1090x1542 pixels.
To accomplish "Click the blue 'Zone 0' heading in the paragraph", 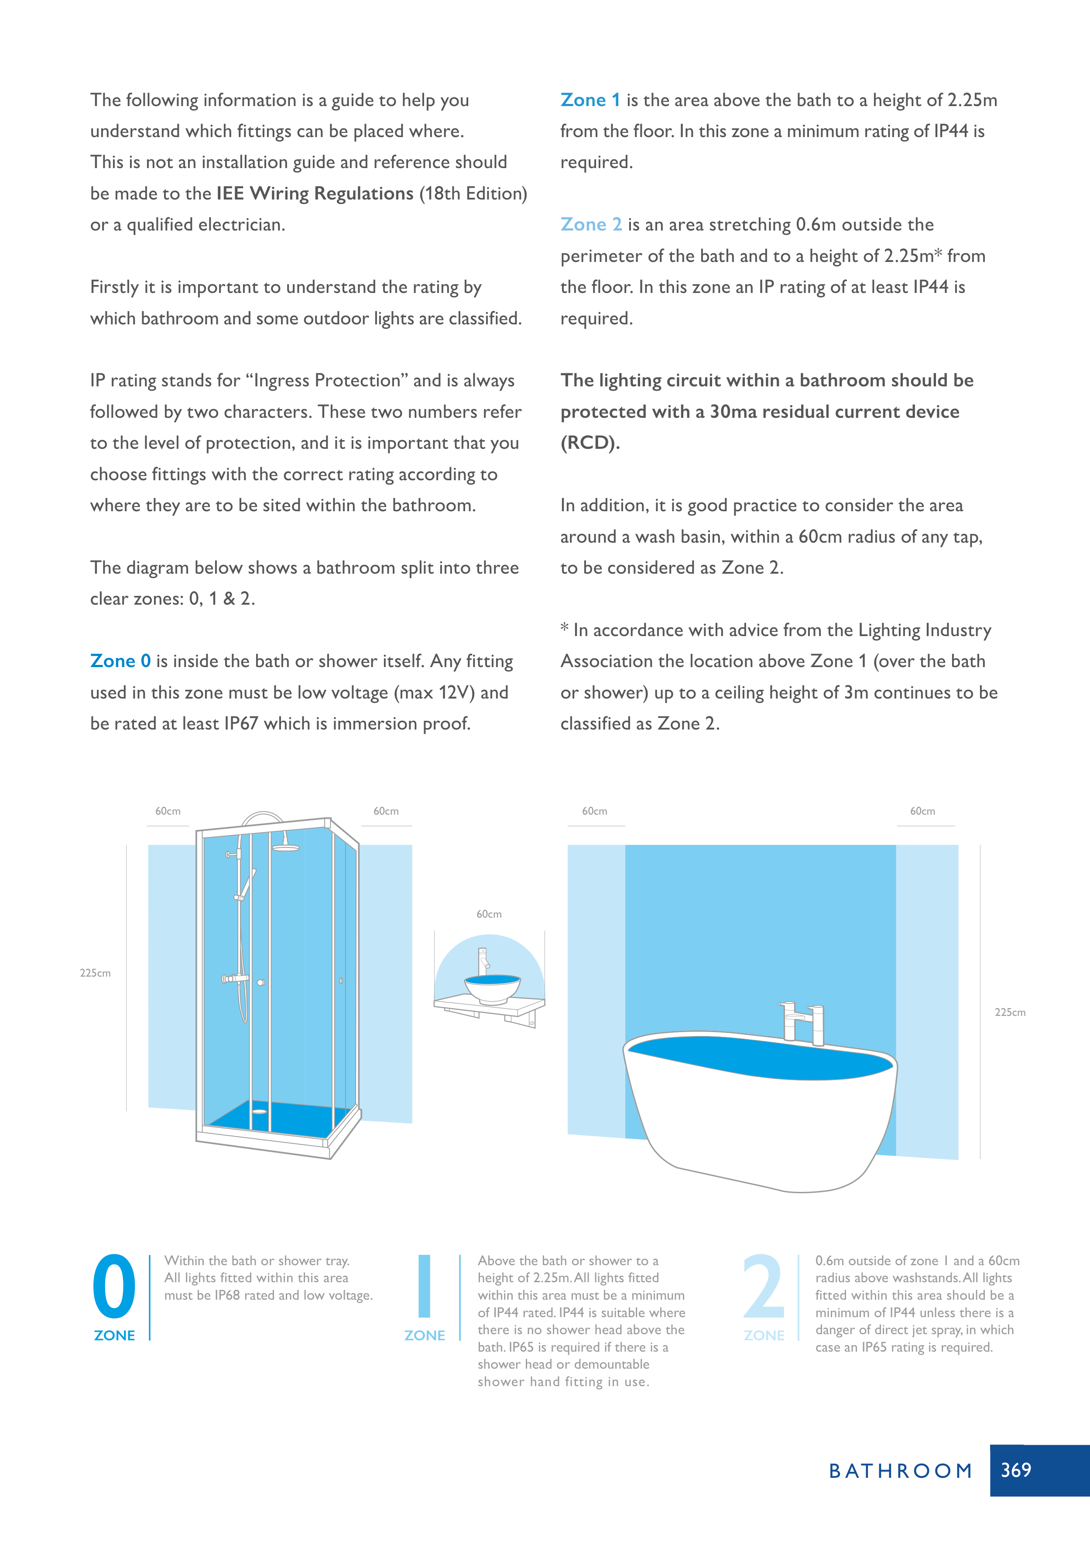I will tap(120, 661).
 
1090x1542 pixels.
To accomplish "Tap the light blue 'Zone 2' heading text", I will tap(591, 225).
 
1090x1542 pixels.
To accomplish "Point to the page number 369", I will tap(1015, 1470).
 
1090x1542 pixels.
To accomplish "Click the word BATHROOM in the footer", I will tap(900, 1471).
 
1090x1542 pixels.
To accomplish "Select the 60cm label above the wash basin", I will tap(489, 914).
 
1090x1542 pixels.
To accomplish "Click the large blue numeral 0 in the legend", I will tap(114, 1286).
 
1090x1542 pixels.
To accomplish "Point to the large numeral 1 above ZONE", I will tap(424, 1286).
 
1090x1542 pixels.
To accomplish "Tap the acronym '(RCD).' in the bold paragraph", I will tap(590, 443).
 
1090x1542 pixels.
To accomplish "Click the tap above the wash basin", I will tap(483, 960).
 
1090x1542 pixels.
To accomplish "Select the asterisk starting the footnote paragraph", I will tap(565, 628).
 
